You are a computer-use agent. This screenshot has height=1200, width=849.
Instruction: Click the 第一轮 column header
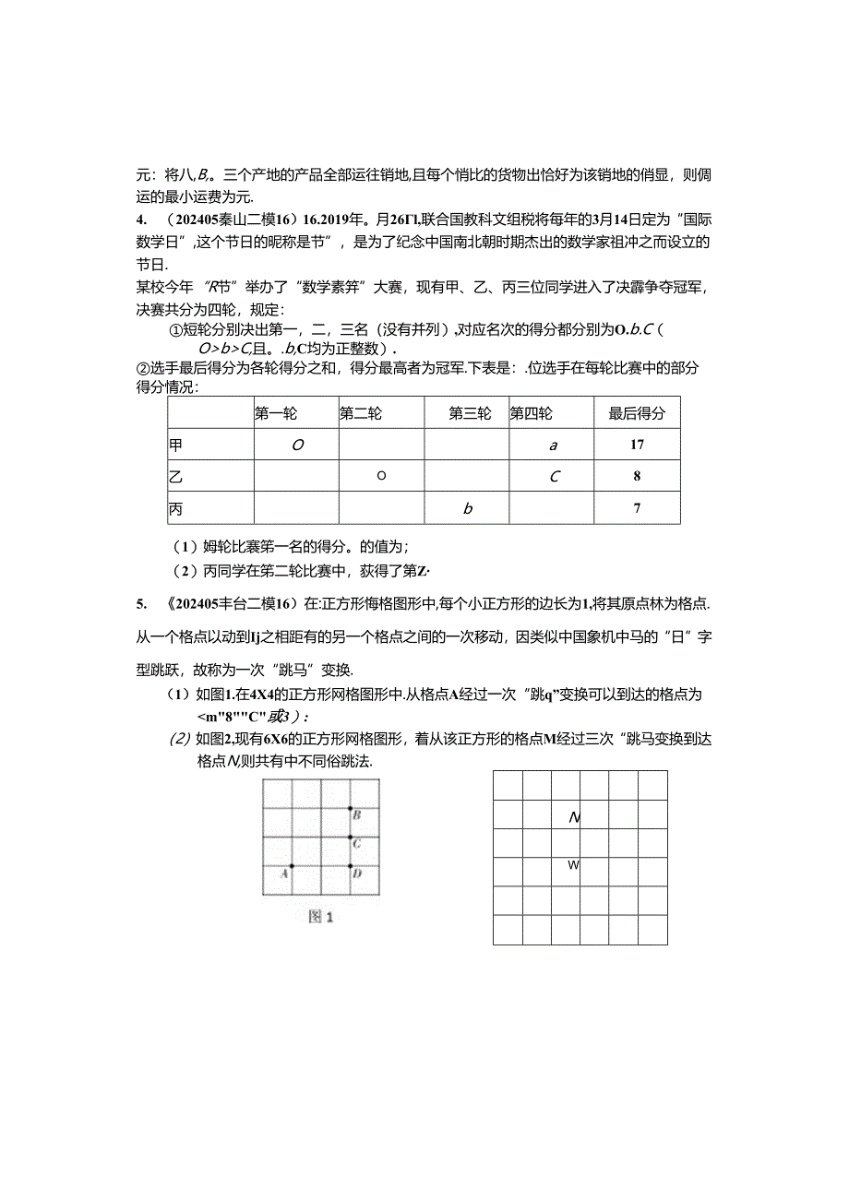276,414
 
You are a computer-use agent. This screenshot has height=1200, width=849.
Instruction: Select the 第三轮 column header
470,414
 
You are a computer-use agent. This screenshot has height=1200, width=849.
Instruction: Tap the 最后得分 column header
637,414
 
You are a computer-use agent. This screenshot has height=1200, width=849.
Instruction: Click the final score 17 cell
637,445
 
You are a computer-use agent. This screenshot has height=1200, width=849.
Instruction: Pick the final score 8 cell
637,477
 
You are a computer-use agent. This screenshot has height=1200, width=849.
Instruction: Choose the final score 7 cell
637,508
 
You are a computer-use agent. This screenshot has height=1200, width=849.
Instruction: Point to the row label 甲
175,445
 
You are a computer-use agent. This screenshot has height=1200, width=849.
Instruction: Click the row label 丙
175,508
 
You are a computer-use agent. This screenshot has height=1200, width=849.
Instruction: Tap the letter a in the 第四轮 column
554,446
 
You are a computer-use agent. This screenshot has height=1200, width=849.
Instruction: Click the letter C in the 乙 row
554,477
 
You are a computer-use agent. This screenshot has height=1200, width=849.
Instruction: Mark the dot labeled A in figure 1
292,866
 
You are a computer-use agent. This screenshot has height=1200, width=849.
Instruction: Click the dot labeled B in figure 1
351,809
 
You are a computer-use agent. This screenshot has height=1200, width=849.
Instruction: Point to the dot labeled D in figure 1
351,866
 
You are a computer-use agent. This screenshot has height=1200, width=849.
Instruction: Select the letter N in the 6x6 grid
574,817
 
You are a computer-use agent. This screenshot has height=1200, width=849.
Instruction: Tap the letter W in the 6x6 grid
573,865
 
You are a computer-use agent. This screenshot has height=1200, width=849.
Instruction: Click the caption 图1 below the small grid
320,918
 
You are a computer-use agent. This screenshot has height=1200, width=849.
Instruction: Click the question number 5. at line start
140,604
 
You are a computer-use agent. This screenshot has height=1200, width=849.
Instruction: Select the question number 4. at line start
140,220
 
